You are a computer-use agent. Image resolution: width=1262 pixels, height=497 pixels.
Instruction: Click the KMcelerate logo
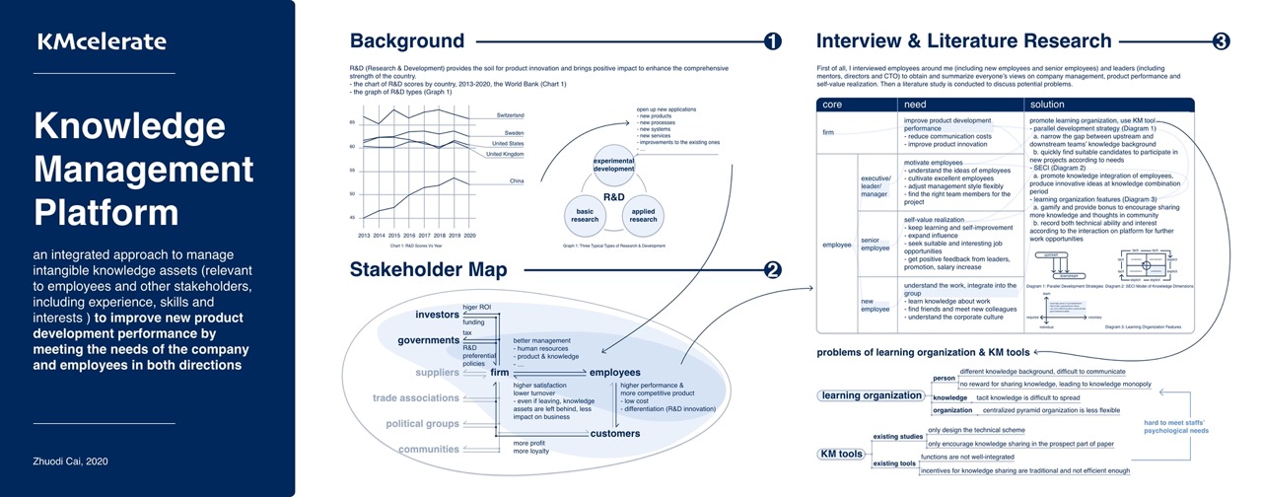[x=102, y=41]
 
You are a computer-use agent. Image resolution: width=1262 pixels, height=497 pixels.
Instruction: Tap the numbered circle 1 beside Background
[x=772, y=41]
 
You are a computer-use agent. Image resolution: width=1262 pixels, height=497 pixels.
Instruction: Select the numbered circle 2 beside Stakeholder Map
[x=772, y=269]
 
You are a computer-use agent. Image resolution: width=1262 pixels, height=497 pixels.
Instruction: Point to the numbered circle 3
[x=1221, y=41]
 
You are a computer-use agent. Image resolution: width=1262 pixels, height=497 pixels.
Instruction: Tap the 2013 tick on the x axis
[x=364, y=236]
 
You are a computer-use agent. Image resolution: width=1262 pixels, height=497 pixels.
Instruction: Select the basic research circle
[x=586, y=214]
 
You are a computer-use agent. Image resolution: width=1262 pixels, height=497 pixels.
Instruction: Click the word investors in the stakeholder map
[x=438, y=314]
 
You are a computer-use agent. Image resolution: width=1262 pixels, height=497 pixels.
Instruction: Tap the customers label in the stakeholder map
[x=614, y=433]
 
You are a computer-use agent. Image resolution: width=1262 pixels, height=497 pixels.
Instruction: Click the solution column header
[x=1048, y=104]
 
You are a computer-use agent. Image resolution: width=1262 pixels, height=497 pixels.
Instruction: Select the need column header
[x=915, y=104]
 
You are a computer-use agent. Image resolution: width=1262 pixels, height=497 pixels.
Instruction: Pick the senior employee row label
[x=876, y=244]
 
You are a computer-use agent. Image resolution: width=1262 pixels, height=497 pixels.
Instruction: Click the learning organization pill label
[x=871, y=395]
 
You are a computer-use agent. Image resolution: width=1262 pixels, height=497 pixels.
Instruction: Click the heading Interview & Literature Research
[x=963, y=41]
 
